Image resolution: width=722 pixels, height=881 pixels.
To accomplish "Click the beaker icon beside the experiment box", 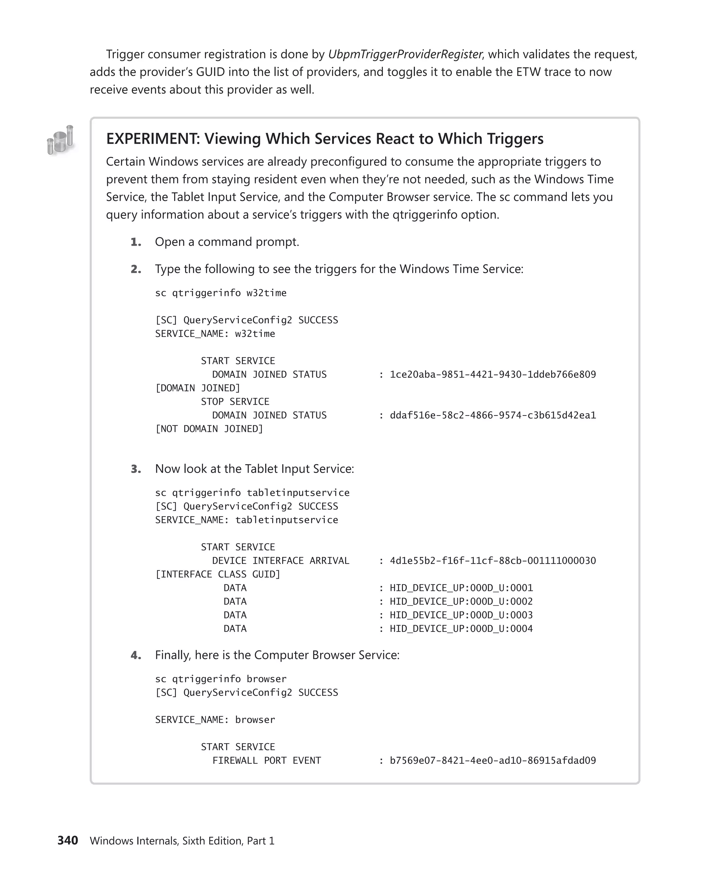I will (61, 141).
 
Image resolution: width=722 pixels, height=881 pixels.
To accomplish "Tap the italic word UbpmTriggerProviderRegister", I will (405, 55).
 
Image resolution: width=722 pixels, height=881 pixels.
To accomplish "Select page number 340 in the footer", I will (67, 840).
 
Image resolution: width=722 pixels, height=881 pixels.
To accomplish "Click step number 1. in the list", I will (136, 242).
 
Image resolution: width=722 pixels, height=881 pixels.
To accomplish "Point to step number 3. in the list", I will (136, 469).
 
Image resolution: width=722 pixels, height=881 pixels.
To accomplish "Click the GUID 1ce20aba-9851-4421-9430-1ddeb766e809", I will (492, 375).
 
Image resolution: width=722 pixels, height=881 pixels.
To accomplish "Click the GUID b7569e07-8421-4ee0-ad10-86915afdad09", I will (492, 760).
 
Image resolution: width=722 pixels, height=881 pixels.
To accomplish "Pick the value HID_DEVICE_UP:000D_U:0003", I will (461, 615).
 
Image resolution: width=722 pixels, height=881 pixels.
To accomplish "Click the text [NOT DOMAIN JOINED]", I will (209, 429).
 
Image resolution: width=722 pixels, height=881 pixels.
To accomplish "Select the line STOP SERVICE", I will (235, 402).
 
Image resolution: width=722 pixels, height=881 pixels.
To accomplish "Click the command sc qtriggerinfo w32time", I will (221, 293).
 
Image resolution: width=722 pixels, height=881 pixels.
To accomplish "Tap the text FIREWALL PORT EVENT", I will (267, 760).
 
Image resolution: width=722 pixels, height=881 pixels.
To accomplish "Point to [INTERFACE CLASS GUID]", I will (218, 574).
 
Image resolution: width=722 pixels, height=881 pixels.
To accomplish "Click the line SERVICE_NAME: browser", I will (215, 720).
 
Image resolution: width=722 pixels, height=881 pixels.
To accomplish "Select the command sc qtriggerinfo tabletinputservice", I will (252, 493).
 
